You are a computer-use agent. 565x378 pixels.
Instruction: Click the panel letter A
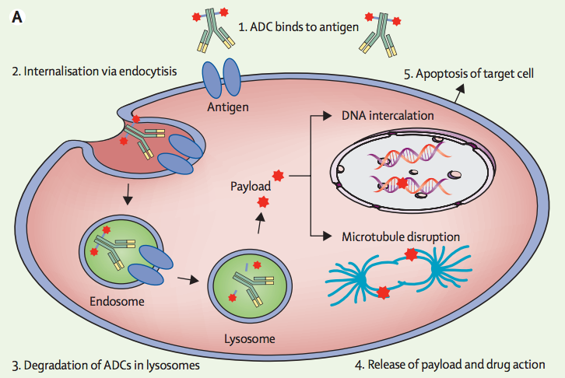pos(17,17)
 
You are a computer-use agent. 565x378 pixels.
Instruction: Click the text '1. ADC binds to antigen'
pos(299,27)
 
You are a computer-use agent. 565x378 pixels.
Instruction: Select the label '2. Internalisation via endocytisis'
pos(94,72)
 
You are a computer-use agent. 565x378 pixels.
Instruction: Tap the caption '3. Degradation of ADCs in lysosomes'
pos(106,366)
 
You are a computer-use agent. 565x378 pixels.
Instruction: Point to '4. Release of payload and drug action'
pos(450,365)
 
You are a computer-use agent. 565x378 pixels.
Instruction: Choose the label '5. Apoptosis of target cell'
pos(468,73)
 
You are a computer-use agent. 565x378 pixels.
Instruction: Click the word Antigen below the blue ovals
pos(228,107)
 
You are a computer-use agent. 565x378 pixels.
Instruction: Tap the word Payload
pos(251,186)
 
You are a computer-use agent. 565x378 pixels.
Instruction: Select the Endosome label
pos(117,301)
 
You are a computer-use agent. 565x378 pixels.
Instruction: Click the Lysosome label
pos(250,339)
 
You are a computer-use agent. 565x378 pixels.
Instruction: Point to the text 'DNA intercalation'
pos(388,116)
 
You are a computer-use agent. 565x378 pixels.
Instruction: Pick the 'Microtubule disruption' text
pos(401,237)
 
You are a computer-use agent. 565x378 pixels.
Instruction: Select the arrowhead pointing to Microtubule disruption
pos(327,236)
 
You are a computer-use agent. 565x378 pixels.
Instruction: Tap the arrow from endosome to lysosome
pos(188,279)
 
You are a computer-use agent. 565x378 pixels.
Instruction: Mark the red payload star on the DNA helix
pos(402,183)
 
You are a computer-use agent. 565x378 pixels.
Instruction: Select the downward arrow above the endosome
pos(127,194)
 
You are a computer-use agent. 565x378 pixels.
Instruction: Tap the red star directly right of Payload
pos(278,176)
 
